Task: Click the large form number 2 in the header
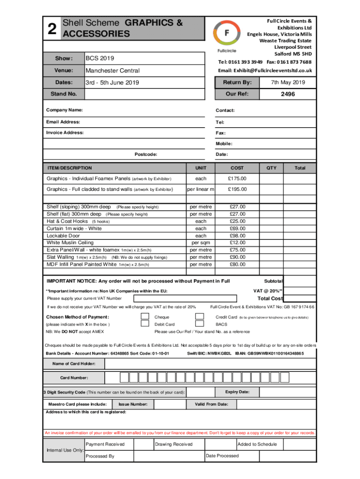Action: [x=52, y=29]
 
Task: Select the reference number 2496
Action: [x=288, y=94]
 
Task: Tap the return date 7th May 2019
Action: [x=288, y=83]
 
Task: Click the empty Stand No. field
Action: [x=144, y=94]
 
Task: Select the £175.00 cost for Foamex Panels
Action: [x=237, y=179]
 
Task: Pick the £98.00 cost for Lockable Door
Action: [x=237, y=236]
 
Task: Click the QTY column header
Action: [x=272, y=167]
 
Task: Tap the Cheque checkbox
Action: [x=145, y=316]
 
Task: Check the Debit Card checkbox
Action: [x=145, y=324]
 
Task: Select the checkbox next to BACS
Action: [x=200, y=324]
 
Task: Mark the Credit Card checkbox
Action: [x=200, y=316]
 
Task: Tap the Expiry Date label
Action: [x=237, y=392]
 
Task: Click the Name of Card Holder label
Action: [x=74, y=363]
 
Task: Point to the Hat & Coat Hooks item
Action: [x=67, y=221]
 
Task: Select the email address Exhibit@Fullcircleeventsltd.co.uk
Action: [x=265, y=71]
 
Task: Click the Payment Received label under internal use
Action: [x=105, y=444]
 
